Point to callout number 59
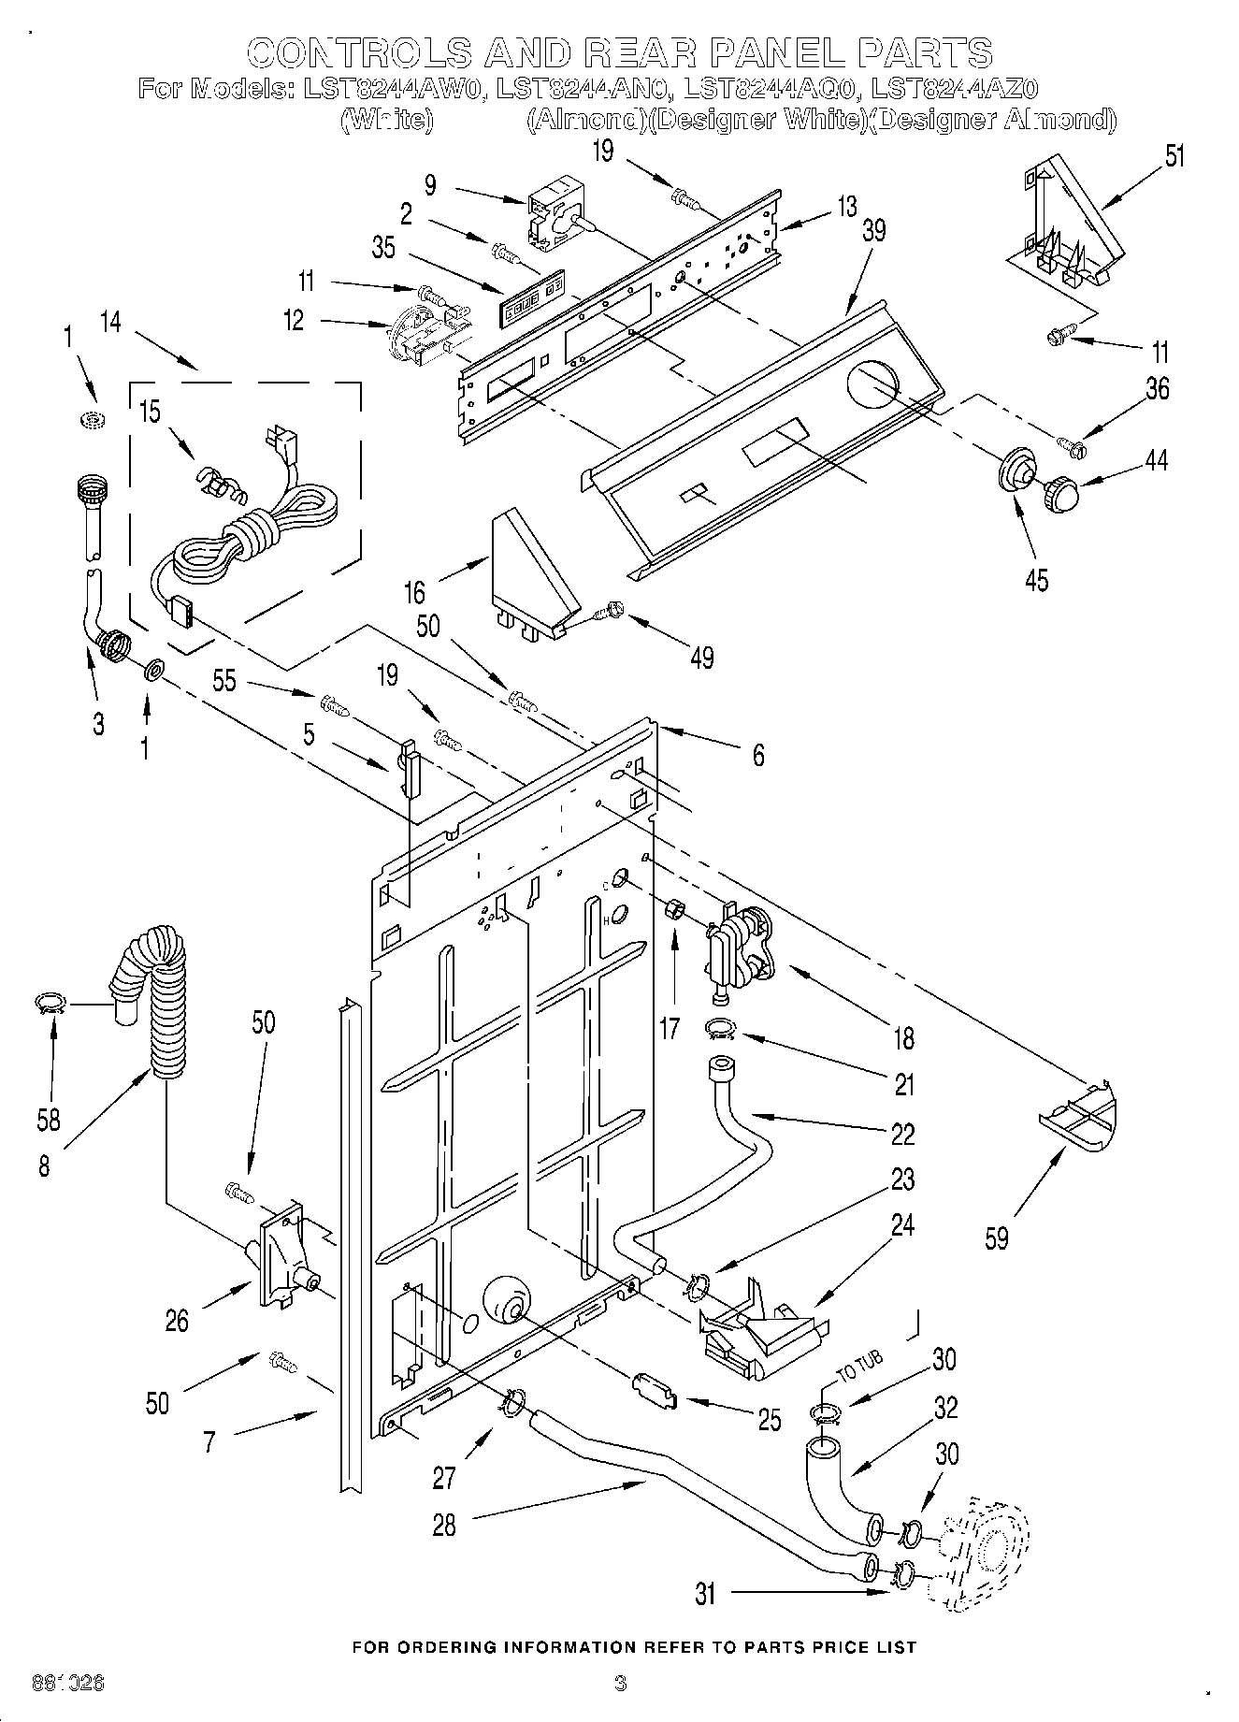click(997, 1237)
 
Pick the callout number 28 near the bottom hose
click(444, 1525)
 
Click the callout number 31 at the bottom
click(705, 1593)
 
